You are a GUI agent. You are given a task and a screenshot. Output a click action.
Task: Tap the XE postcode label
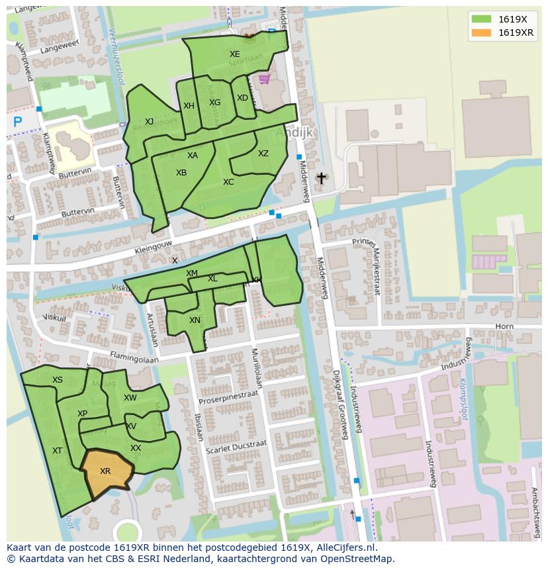[x=235, y=54]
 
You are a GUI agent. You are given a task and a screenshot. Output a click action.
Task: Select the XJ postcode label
[x=149, y=122]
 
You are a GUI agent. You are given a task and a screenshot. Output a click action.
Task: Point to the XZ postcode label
[x=263, y=154]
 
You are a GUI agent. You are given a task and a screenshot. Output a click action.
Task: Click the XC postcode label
[x=228, y=182]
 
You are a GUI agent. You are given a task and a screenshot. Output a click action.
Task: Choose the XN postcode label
[x=195, y=320]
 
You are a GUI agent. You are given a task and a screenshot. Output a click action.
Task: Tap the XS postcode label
[x=58, y=380]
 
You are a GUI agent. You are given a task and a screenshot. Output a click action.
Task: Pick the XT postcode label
[x=57, y=451]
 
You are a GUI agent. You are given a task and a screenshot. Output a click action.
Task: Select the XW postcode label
[x=130, y=398]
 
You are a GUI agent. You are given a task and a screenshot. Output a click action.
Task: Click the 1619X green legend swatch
[x=481, y=19]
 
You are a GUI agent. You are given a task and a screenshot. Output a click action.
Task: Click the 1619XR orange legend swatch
[x=481, y=32]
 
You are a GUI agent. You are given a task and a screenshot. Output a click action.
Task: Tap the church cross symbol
[x=322, y=178]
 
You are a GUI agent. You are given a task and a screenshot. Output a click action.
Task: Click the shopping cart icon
[x=265, y=79]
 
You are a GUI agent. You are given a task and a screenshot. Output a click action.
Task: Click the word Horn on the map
[x=504, y=327]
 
